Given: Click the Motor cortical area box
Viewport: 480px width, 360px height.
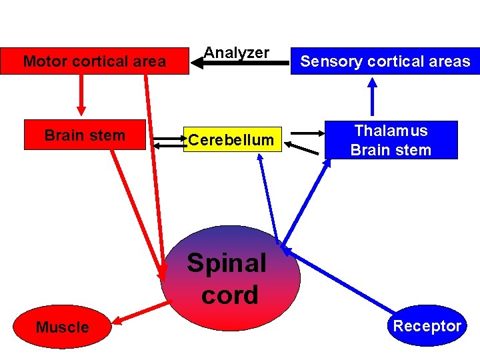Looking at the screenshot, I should pos(94,61).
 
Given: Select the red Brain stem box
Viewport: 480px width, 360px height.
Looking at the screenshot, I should pos(84,135).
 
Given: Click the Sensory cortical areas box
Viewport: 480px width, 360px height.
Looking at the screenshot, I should pos(385,61).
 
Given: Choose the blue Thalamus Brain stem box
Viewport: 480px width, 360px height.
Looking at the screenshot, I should pos(391,140).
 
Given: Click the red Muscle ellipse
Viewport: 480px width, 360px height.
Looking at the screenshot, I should pos(62,327).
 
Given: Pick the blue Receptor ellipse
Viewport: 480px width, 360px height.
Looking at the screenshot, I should pos(427,326).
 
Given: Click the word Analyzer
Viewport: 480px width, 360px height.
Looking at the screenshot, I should pos(236,52).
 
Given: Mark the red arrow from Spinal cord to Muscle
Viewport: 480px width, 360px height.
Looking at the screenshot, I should pos(141,314).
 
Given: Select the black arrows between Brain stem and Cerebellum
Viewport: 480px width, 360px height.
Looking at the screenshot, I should pos(167,141).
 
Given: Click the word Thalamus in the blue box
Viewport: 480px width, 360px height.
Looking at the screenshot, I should pos(391,131).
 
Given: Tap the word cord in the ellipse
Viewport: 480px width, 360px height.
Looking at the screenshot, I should pos(229,295).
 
